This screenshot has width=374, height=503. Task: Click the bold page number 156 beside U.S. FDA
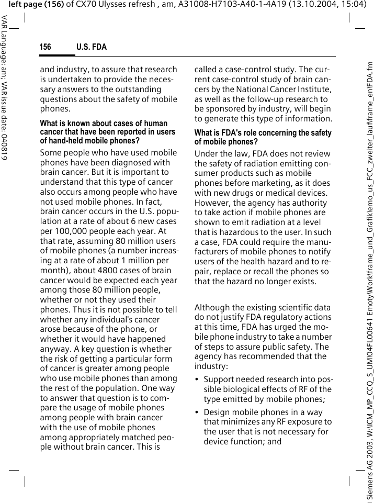click(x=46, y=47)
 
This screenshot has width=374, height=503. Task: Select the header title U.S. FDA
click(x=92, y=47)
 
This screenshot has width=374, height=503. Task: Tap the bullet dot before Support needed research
click(x=197, y=379)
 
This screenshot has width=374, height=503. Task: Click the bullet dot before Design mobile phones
click(x=197, y=412)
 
